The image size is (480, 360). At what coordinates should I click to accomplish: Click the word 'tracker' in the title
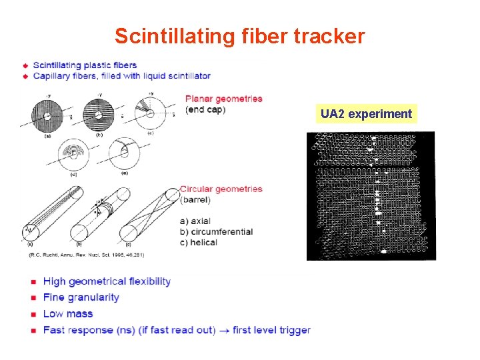(x=331, y=36)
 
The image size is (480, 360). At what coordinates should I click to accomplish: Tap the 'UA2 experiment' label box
(x=366, y=114)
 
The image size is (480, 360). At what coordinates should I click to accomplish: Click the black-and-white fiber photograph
(x=370, y=195)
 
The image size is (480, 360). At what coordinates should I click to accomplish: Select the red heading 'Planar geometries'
(x=223, y=99)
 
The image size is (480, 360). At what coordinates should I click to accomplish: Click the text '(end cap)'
(x=205, y=109)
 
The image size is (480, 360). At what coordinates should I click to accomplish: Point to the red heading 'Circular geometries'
(x=221, y=189)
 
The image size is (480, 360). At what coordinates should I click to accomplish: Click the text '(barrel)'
(x=195, y=199)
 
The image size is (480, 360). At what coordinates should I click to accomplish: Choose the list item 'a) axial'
(x=199, y=221)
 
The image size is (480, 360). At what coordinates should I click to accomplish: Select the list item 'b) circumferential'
(x=217, y=231)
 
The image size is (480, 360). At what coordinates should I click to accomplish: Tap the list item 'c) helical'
(x=199, y=242)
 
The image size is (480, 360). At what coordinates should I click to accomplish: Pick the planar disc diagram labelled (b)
(x=98, y=115)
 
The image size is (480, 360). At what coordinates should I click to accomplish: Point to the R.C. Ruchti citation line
(x=86, y=255)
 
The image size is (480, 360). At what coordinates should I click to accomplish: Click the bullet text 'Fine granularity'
(x=81, y=297)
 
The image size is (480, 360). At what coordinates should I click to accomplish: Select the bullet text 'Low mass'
(x=67, y=313)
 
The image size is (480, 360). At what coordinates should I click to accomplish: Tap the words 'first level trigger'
(x=275, y=329)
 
